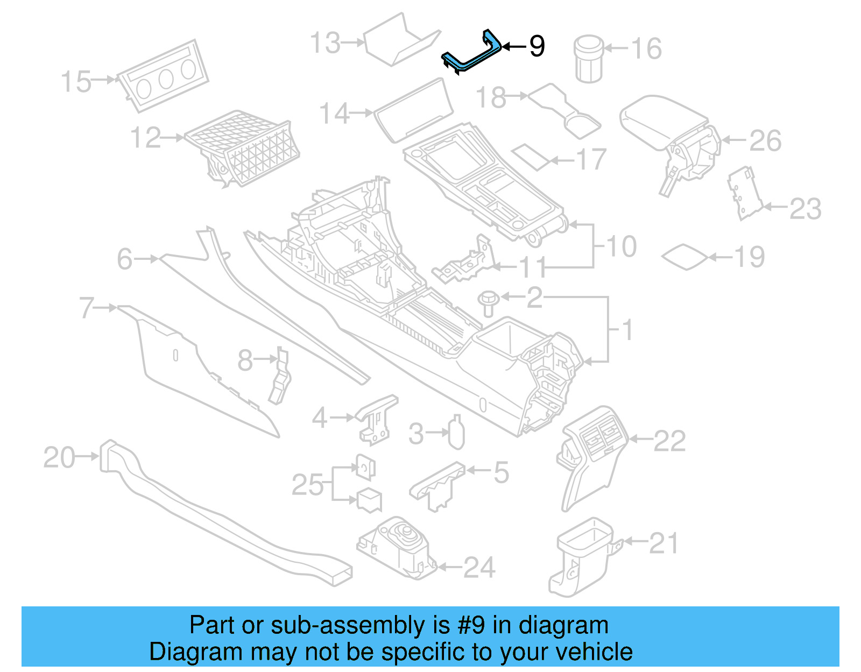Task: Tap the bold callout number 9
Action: click(x=537, y=46)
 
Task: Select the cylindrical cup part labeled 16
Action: click(x=589, y=59)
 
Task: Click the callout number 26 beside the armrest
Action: click(x=765, y=141)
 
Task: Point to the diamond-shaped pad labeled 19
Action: click(x=684, y=257)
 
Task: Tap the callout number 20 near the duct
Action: click(x=59, y=457)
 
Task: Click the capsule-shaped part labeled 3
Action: click(x=456, y=432)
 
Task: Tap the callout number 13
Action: click(x=326, y=43)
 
